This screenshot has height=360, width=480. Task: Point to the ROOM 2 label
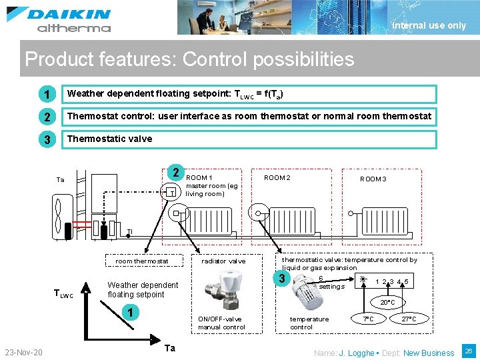click(x=277, y=178)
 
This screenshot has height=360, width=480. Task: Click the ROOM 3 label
click(x=373, y=179)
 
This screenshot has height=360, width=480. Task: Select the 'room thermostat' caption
click(x=142, y=261)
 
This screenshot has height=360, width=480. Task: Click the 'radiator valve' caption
click(x=223, y=261)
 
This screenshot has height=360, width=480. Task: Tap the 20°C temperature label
click(x=387, y=303)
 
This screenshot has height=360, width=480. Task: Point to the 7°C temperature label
click(x=368, y=319)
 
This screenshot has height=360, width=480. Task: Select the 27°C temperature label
click(x=409, y=319)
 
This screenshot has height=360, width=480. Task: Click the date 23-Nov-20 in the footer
click(x=24, y=352)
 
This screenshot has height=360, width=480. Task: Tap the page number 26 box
click(x=468, y=351)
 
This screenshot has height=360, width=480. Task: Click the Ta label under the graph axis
click(x=170, y=348)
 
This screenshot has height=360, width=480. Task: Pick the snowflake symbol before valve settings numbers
click(x=363, y=281)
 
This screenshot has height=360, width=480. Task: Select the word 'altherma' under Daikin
click(x=73, y=28)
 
